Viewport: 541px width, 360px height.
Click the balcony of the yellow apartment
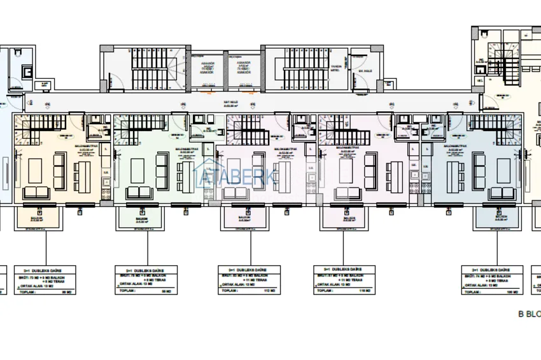pos(38,219)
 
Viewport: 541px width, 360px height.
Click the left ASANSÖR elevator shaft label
pos(208,67)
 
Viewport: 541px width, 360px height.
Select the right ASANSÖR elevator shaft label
pos(243,67)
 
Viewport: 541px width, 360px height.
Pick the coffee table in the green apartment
pos(138,170)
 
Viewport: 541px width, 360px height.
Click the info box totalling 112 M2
pos(248,280)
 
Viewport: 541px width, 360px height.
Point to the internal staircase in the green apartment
pos(133,130)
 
